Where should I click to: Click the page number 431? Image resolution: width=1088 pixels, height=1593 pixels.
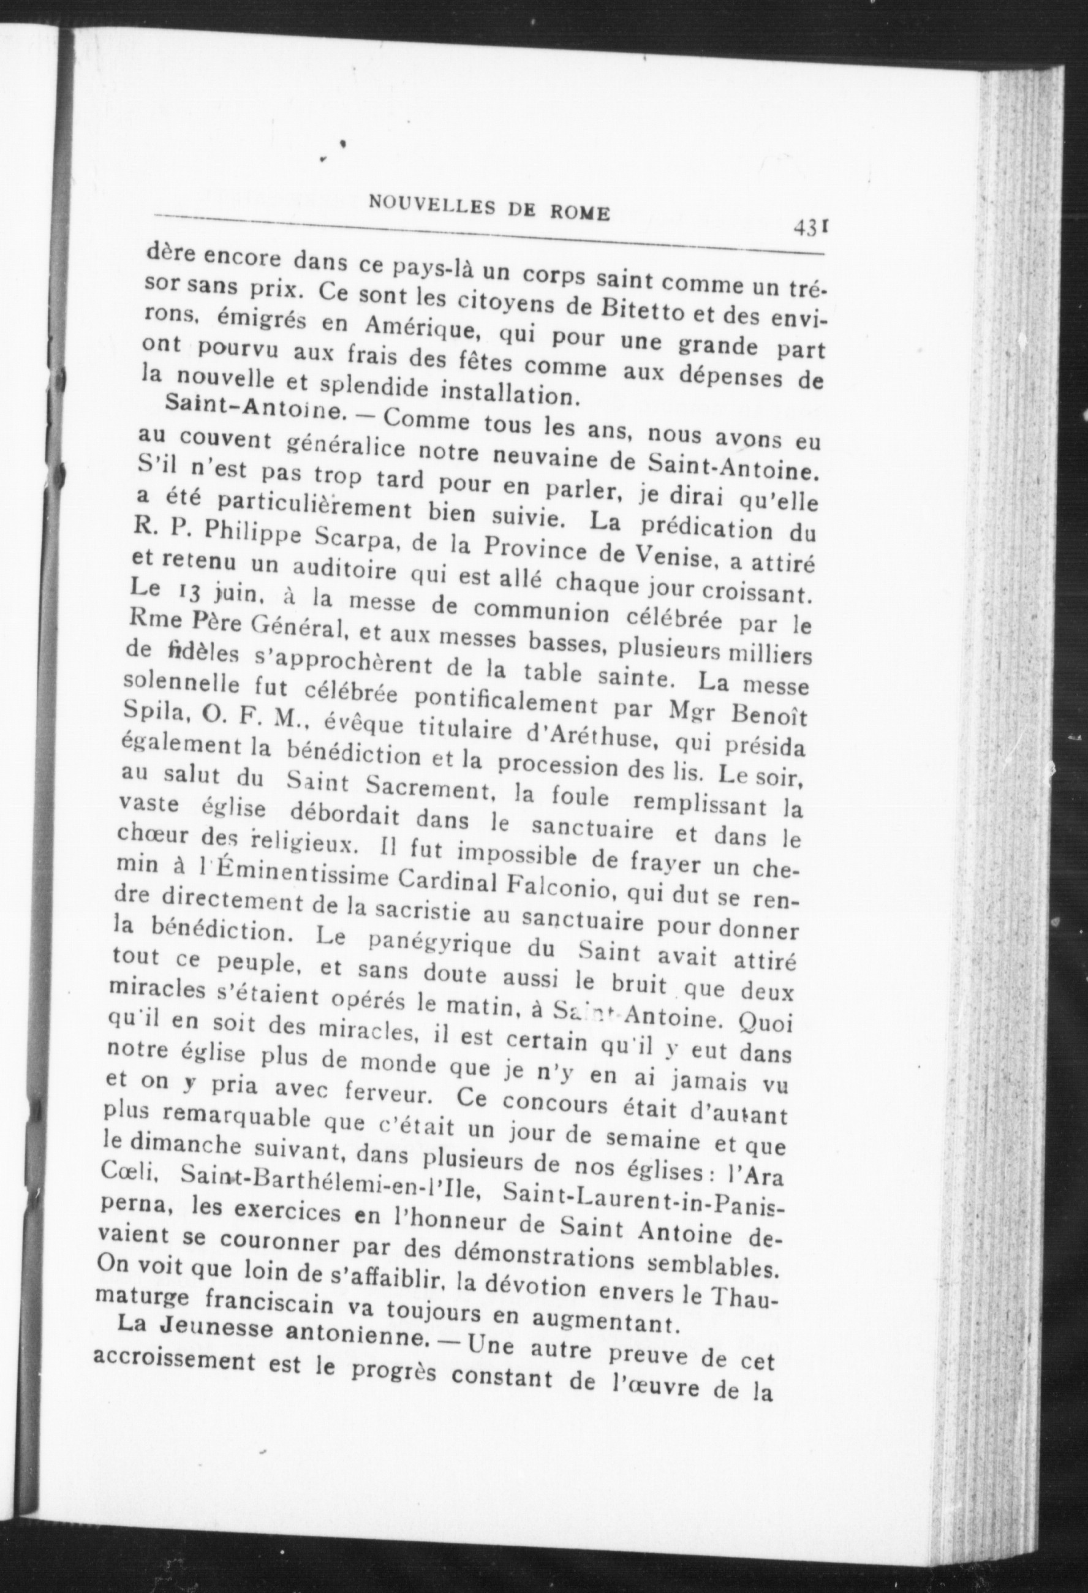(x=812, y=227)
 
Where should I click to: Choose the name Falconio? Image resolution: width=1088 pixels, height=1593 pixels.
(x=561, y=885)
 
